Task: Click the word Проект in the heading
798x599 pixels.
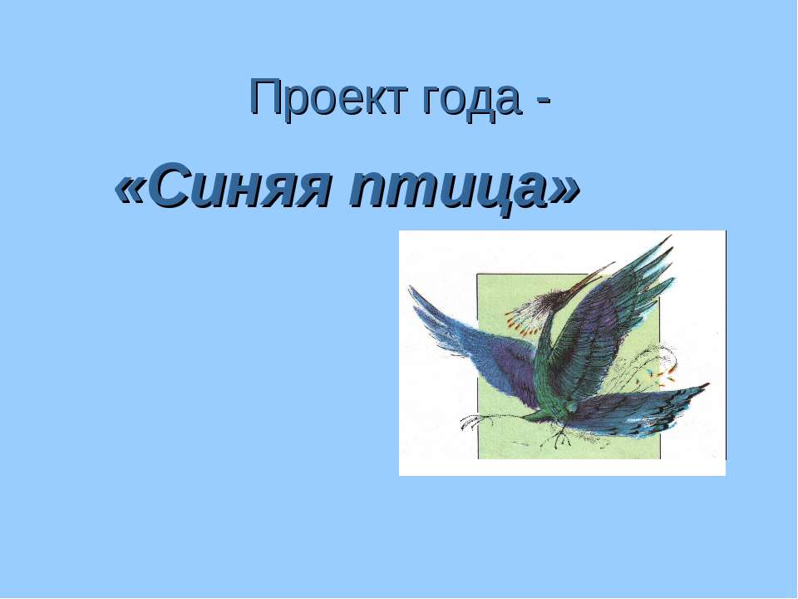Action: pyautogui.click(x=329, y=98)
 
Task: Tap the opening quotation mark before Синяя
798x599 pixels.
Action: pyautogui.click(x=131, y=191)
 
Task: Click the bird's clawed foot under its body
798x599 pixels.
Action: pyautogui.click(x=559, y=436)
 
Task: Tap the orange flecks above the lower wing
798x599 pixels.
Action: pyautogui.click(x=662, y=374)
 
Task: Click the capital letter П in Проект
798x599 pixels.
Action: pyautogui.click(x=266, y=97)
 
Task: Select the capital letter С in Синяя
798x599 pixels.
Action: pyautogui.click(x=172, y=186)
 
